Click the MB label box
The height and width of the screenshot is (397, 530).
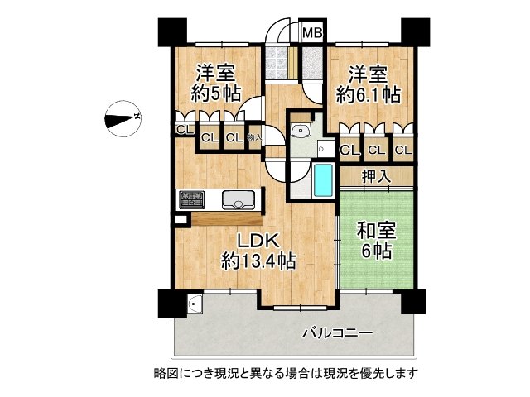coord(312,33)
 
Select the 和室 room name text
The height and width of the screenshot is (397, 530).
coord(375,231)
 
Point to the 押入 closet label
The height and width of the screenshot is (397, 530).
coord(377,177)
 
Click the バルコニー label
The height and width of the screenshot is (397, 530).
coord(336,332)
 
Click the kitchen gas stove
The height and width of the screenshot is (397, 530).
coord(191,199)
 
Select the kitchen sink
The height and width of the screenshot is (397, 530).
coord(238,199)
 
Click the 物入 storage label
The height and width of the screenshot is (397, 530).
coord(254,137)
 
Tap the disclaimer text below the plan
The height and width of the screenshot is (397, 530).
coord(285,373)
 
